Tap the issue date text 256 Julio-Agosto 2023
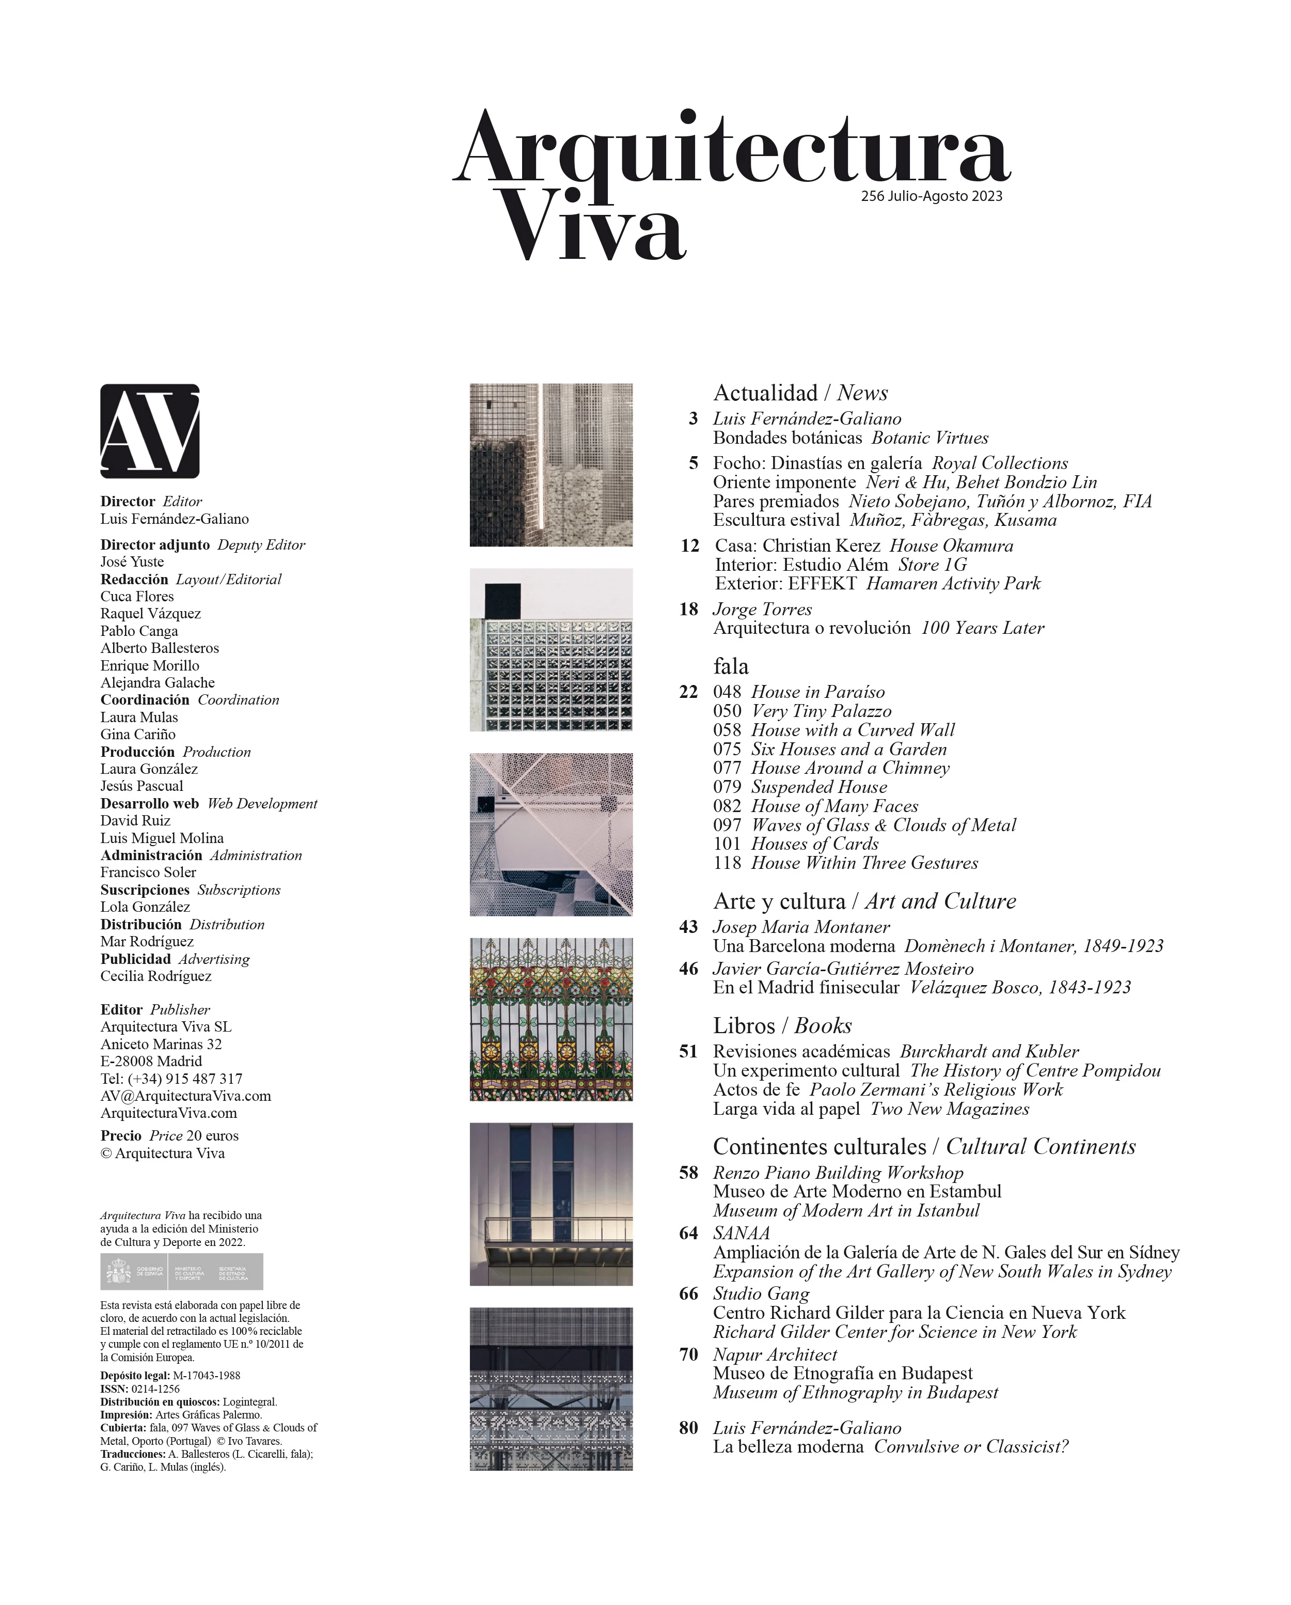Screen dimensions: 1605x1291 point(931,196)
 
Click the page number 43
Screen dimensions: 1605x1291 point(688,927)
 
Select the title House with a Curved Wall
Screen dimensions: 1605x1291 point(853,730)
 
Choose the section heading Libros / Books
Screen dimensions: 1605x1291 point(782,1026)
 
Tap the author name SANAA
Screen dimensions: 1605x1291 point(741,1234)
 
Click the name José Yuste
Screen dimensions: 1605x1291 point(132,562)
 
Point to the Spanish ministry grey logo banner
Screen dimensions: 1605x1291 point(182,1271)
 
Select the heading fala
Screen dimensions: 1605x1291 point(731,666)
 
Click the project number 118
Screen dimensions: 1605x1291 point(727,864)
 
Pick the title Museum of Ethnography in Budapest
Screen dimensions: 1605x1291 point(856,1393)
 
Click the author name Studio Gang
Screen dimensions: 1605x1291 point(761,1294)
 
